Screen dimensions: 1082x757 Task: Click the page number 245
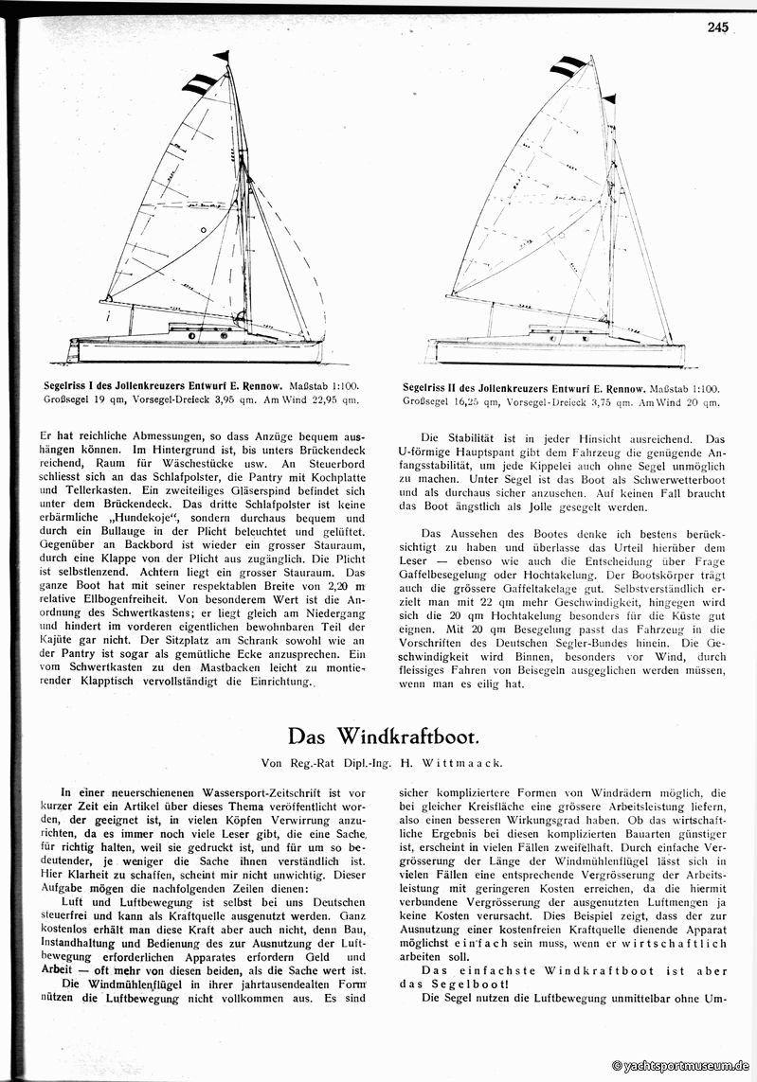tap(717, 28)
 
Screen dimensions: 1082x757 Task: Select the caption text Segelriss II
tap(439, 389)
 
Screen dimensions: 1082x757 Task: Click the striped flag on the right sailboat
tap(568, 66)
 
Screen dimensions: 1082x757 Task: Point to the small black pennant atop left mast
tap(222, 56)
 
